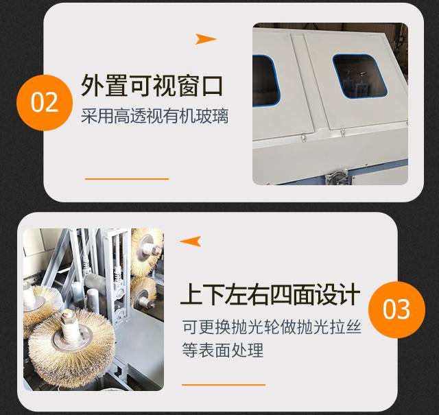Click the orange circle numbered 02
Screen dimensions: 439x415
click(45, 102)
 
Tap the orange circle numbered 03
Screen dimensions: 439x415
click(396, 309)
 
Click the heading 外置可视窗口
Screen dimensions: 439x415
click(152, 86)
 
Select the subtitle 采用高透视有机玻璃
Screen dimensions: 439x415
click(154, 116)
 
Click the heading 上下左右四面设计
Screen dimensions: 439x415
click(270, 294)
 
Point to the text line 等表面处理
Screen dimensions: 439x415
click(223, 349)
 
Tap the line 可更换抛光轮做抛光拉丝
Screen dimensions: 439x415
click(272, 327)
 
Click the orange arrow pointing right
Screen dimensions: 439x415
click(206, 39)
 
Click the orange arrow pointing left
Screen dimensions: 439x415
click(191, 241)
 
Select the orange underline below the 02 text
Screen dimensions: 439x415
click(127, 178)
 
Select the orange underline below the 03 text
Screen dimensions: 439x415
click(224, 385)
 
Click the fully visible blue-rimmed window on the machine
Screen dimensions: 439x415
click(359, 76)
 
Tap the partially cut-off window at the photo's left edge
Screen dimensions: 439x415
click(265, 81)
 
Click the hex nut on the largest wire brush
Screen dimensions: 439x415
click(67, 316)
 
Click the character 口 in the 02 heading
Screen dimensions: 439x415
click(212, 86)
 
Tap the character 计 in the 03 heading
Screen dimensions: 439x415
click(348, 294)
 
